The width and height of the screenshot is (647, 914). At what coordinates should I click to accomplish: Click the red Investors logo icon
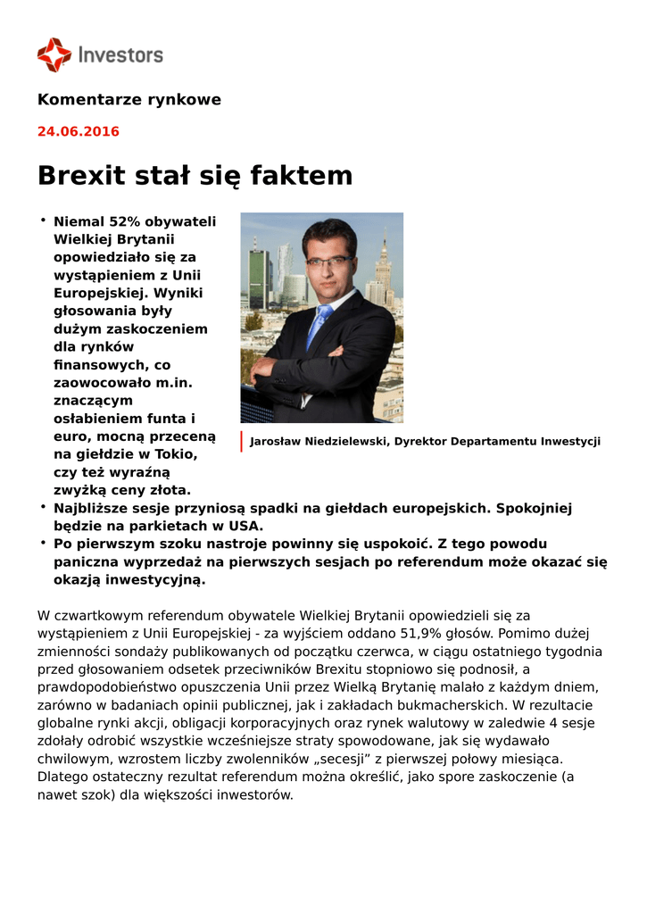[54, 54]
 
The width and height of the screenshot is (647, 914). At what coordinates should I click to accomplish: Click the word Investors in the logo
[120, 55]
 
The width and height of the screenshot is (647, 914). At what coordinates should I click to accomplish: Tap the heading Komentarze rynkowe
[129, 99]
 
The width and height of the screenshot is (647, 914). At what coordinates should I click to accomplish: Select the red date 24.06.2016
[78, 131]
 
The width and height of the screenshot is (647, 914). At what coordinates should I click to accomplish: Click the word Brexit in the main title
[82, 175]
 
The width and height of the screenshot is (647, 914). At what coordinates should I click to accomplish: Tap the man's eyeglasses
[328, 262]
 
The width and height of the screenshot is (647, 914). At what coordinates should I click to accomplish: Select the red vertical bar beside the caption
[241, 441]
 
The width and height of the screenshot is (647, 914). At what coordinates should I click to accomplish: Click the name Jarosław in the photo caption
[278, 441]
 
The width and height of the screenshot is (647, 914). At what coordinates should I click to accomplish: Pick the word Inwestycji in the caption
[568, 441]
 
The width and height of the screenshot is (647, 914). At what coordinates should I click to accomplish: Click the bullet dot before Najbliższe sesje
[42, 506]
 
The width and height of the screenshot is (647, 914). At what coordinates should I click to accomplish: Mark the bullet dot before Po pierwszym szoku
[42, 542]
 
